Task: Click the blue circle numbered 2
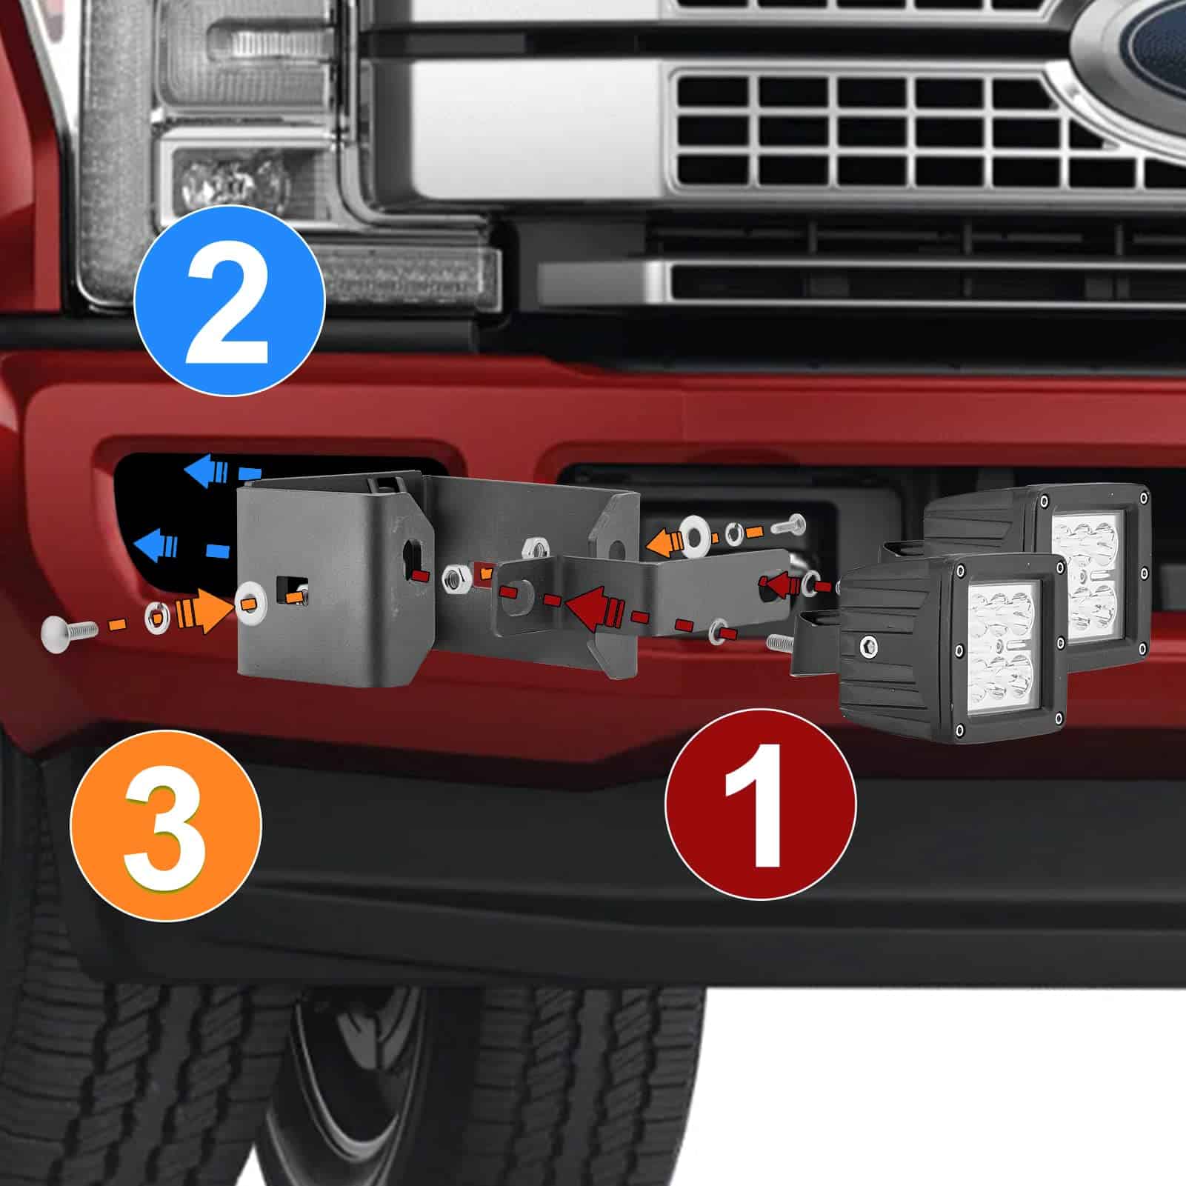tap(229, 299)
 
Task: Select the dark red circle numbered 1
tap(761, 804)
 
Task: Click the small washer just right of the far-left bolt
tap(156, 613)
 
